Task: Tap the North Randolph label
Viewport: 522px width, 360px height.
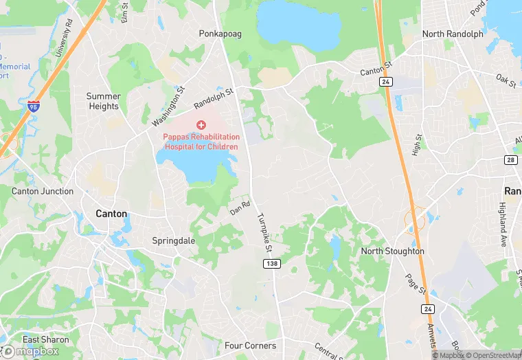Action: pos(453,34)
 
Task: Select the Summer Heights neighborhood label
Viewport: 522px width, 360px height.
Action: pos(104,101)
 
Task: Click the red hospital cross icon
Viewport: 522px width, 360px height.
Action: pos(201,125)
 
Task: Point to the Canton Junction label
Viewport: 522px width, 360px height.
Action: pos(43,191)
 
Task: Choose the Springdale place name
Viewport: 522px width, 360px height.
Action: pos(173,241)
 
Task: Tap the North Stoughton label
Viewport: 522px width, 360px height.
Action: pos(393,251)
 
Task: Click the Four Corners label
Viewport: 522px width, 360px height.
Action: pos(250,346)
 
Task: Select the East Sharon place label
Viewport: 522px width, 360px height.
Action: pos(46,339)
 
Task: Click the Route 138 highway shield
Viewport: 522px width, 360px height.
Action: pos(271,264)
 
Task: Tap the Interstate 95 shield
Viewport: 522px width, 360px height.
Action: pos(34,106)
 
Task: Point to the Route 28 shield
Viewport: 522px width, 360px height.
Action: pos(511,159)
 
